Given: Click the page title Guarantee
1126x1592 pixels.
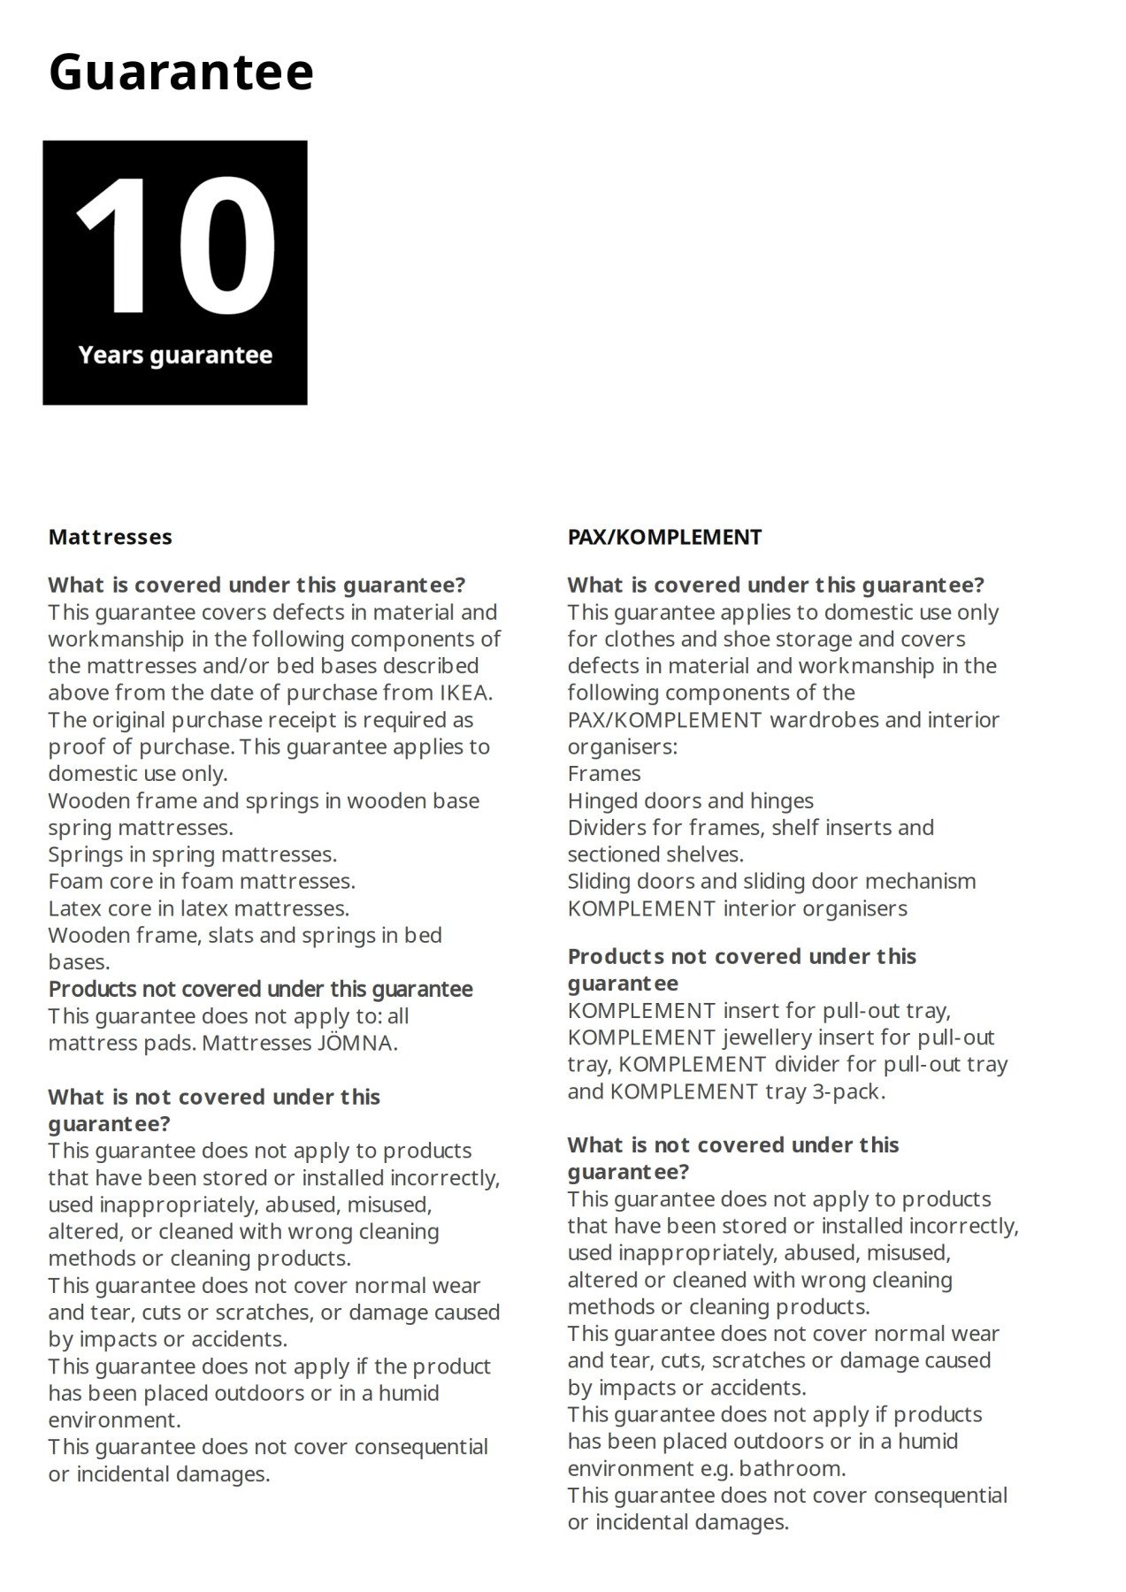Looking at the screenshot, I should (x=180, y=73).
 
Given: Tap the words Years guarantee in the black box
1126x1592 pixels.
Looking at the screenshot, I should (x=175, y=356).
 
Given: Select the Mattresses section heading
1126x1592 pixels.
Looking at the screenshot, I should (x=111, y=537).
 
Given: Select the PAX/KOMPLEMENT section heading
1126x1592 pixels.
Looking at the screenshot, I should (x=664, y=537).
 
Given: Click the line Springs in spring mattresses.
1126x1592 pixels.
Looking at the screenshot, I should (x=192, y=854).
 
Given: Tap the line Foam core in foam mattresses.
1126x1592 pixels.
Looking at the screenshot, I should (x=202, y=881).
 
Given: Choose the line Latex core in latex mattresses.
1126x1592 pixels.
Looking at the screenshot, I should (x=198, y=908).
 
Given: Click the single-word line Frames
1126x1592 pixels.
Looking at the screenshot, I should (x=604, y=774).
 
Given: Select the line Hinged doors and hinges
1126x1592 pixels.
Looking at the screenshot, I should (x=690, y=800).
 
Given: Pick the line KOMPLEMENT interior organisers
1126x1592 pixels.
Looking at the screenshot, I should (x=737, y=908).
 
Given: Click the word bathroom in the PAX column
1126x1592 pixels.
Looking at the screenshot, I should (x=791, y=1468).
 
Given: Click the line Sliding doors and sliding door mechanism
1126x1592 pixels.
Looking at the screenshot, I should (x=771, y=881).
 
